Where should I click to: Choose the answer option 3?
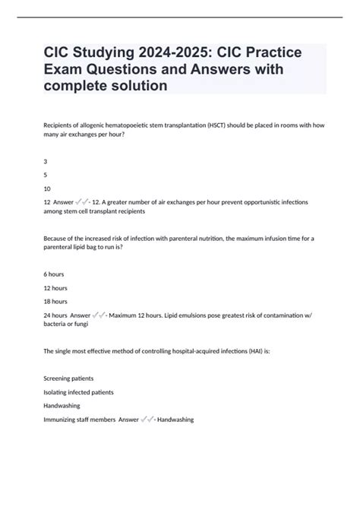pos(46,160)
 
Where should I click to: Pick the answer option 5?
pos(46,174)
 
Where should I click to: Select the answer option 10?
pos(47,188)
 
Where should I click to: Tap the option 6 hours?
pos(55,275)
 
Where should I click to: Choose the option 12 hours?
pos(57,289)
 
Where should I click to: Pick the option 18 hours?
pos(57,303)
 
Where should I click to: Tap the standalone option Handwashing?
pos(65,406)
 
